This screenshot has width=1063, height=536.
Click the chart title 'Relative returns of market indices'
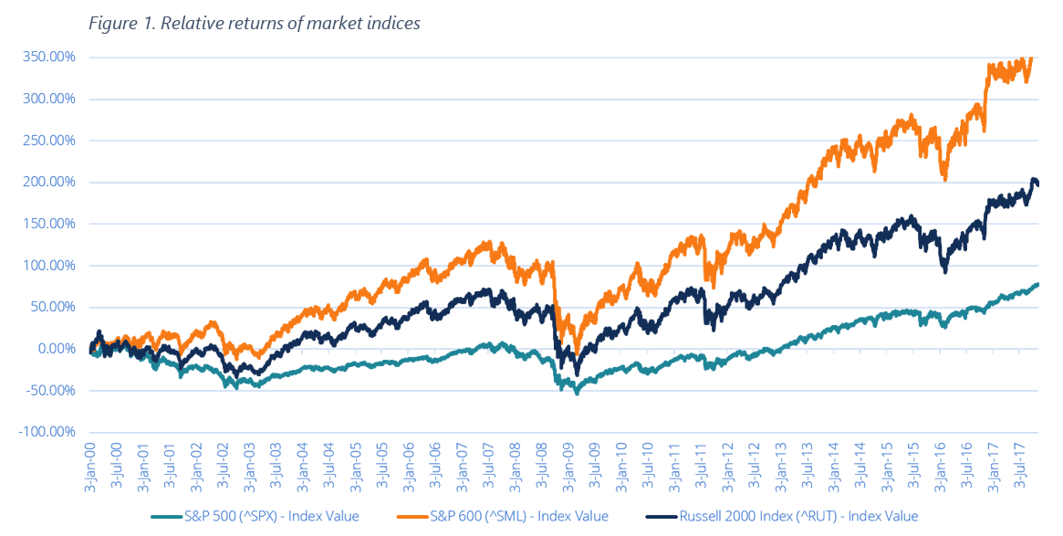[x=290, y=24]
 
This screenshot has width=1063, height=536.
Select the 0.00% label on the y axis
[x=57, y=349]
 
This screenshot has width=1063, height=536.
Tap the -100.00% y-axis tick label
[x=49, y=432]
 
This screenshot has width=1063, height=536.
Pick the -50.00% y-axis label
[x=52, y=391]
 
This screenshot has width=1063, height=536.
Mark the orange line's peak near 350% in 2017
[x=1030, y=58]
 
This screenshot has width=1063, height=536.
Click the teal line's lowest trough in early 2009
[x=577, y=393]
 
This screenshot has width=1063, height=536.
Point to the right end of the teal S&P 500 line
[x=1037, y=285]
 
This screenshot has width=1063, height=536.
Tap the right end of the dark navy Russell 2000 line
[x=1037, y=184]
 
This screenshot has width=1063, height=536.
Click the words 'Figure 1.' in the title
[x=121, y=24]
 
